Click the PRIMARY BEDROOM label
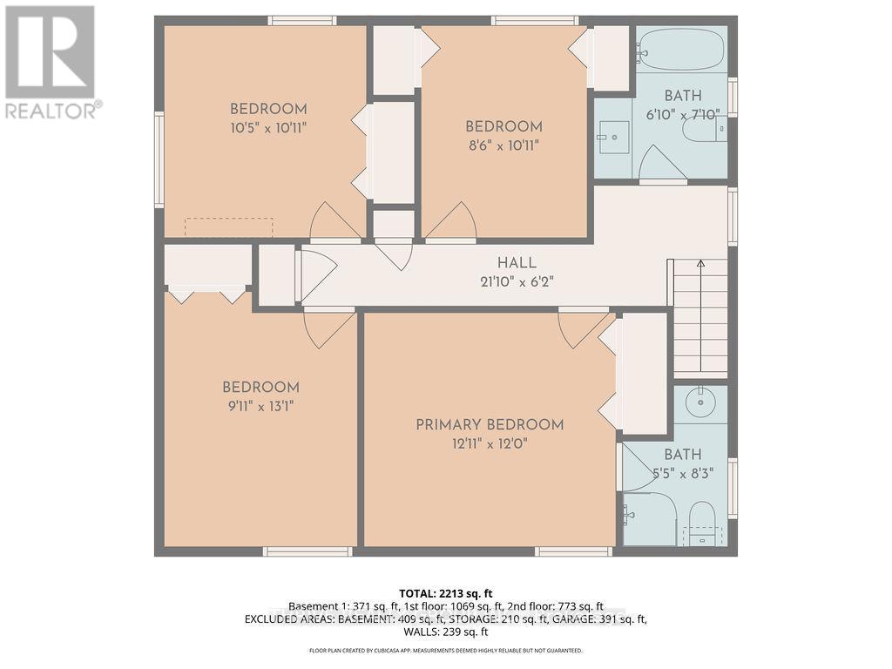[x=489, y=424]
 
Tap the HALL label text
[x=517, y=262]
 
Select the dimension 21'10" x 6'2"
[x=517, y=281]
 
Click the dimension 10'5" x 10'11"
[x=268, y=128]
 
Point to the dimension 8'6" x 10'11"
[x=503, y=145]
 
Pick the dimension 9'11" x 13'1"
[x=260, y=406]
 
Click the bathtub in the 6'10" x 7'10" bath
[x=681, y=50]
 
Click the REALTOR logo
[x=51, y=62]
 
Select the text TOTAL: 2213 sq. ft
[x=445, y=593]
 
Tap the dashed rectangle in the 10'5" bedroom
[x=229, y=226]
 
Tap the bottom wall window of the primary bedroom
[x=573, y=551]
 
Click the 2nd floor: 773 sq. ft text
[x=559, y=606]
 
